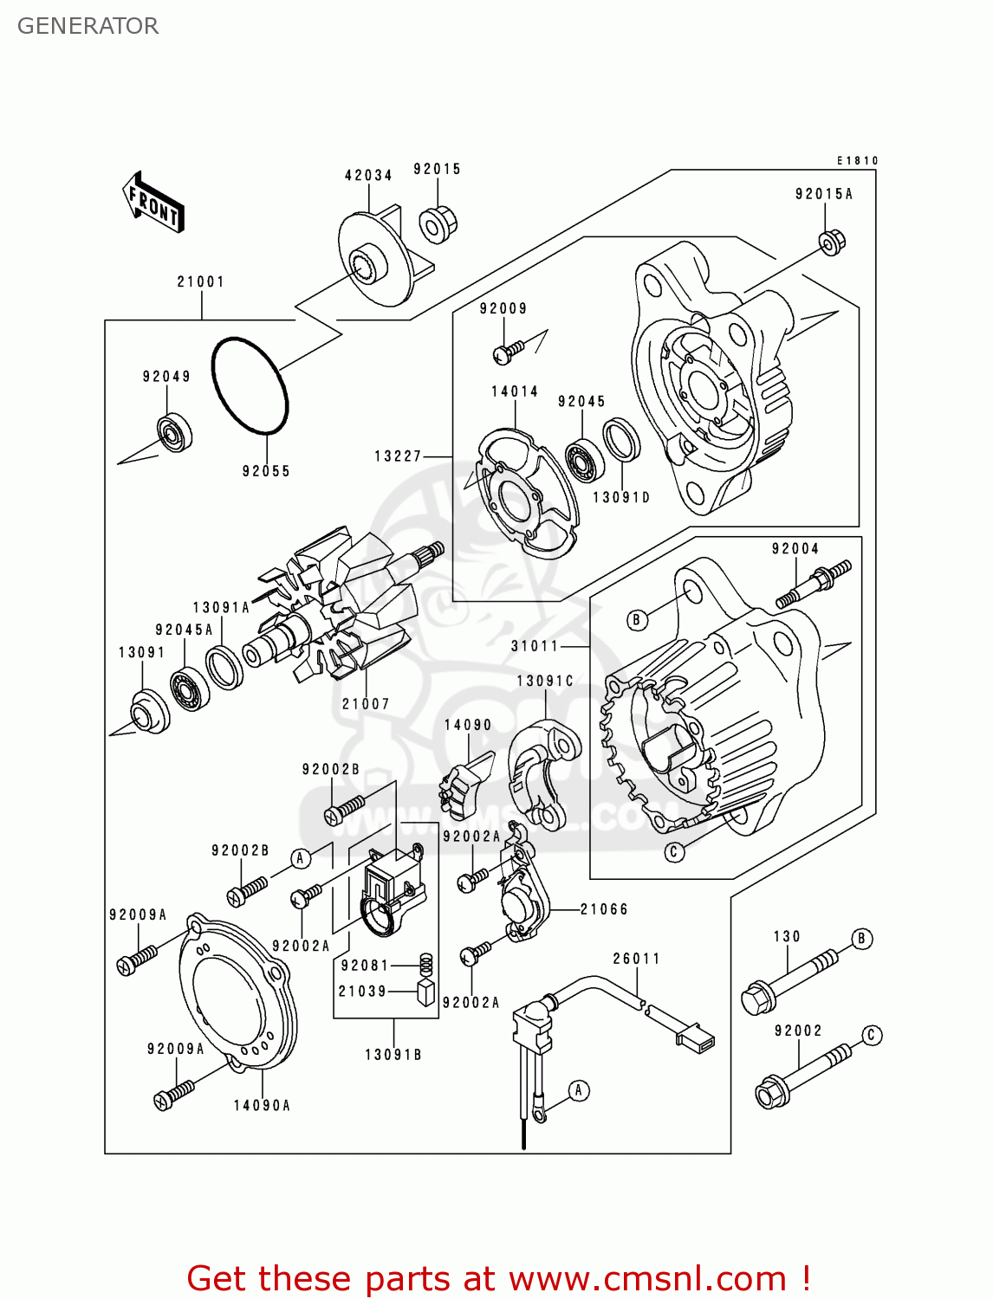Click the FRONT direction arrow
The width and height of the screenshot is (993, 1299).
click(154, 204)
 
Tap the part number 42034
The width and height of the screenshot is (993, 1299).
click(368, 175)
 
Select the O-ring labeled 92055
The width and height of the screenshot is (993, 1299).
click(250, 385)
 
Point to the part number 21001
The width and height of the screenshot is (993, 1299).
click(201, 281)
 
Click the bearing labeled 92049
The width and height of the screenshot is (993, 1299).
click(174, 432)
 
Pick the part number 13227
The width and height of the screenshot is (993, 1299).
click(398, 456)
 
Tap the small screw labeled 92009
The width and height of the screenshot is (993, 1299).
click(509, 350)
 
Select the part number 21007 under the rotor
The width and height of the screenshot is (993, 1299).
click(366, 704)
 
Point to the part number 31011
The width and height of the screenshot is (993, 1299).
click(535, 646)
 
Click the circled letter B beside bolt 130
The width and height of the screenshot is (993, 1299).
click(861, 939)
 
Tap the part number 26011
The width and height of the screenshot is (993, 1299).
click(637, 959)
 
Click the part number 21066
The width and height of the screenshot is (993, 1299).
click(604, 909)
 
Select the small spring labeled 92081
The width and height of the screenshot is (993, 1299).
click(425, 964)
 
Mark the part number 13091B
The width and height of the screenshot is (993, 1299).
click(393, 1055)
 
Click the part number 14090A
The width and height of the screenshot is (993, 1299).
click(262, 1106)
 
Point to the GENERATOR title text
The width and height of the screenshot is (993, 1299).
click(88, 26)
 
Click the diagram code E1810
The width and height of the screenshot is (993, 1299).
click(857, 160)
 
